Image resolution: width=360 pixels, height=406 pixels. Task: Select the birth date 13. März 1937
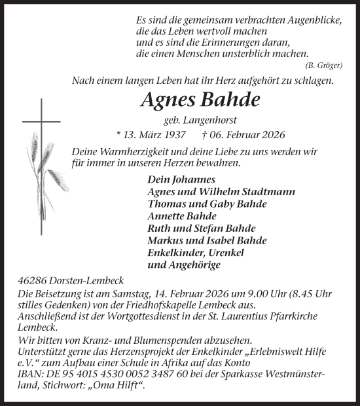coord(148,135)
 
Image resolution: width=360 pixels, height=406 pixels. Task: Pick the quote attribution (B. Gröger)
coord(324,65)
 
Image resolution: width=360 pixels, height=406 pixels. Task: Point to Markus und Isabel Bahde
coord(207,241)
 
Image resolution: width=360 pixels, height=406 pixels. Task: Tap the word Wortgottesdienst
coord(173,316)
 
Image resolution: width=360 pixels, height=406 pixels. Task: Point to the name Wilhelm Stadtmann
coord(258,192)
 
